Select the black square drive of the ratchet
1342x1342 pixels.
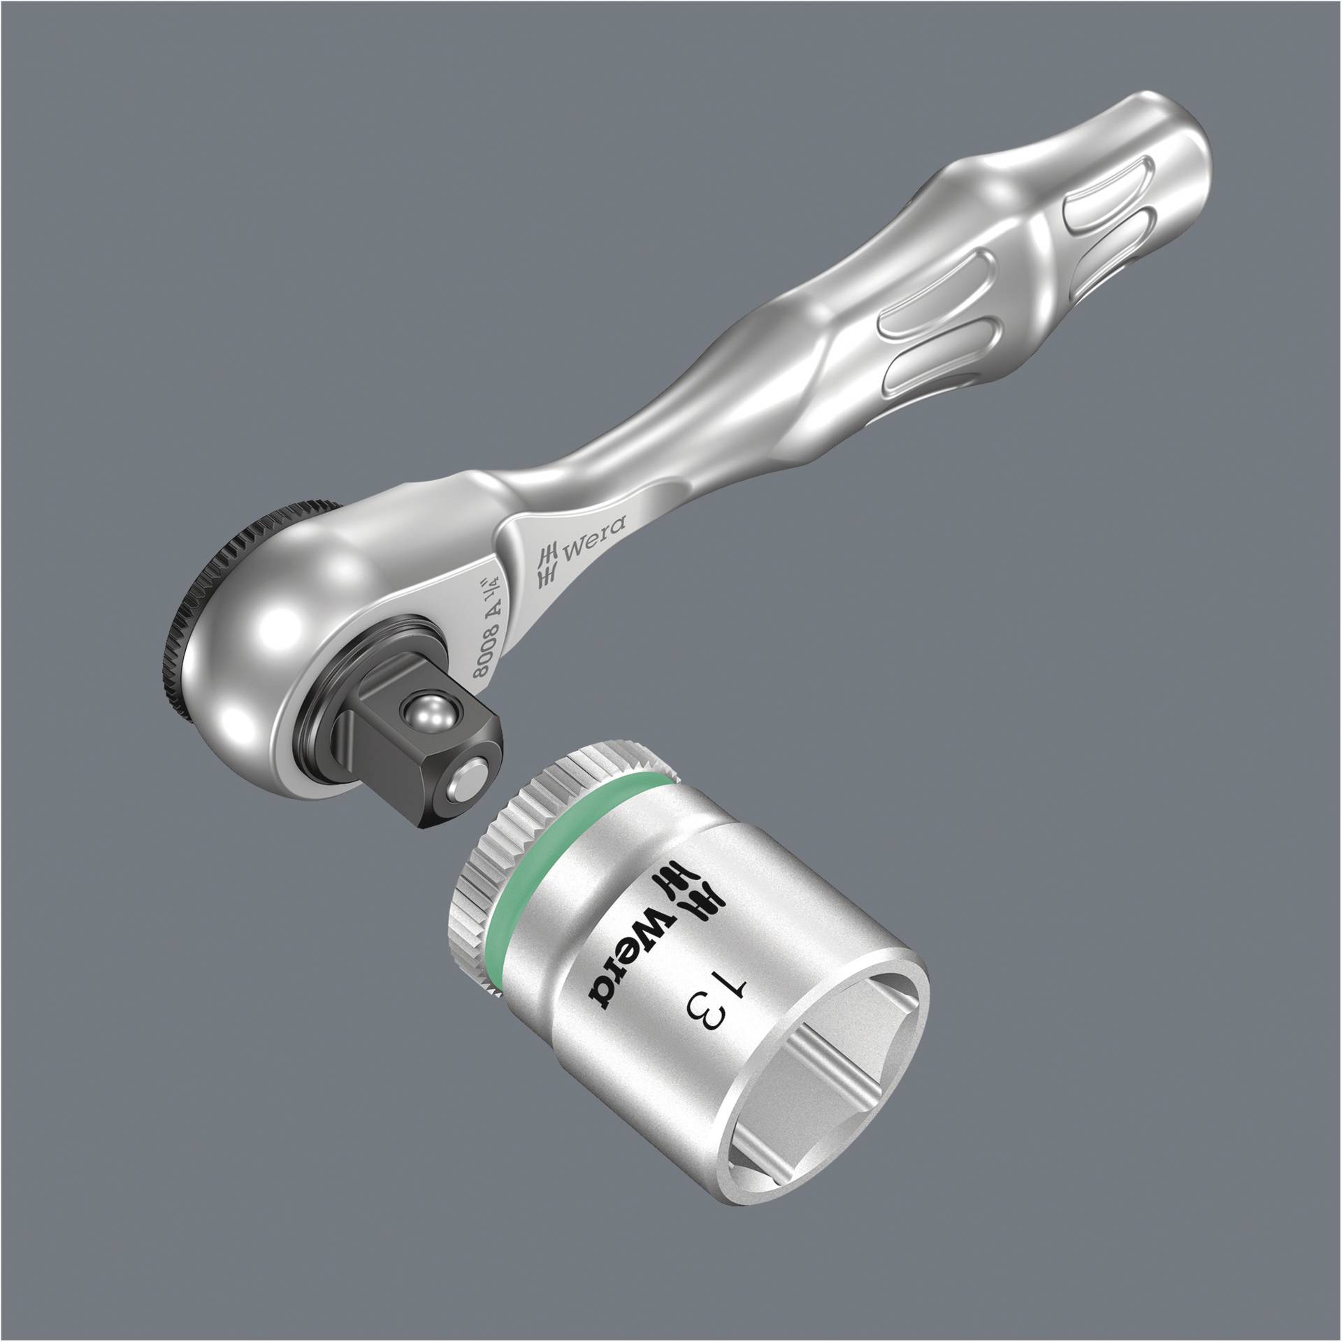tap(412, 762)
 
